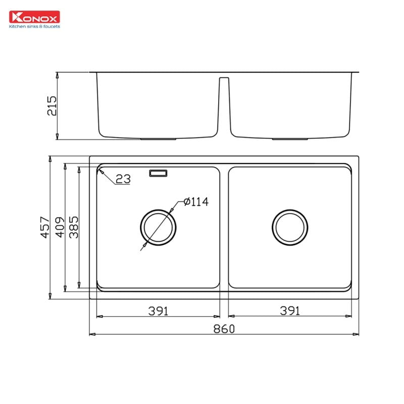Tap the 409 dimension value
[x=59, y=227]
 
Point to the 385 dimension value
[x=73, y=227]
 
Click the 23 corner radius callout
[x=123, y=179]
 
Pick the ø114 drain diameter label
[x=196, y=202]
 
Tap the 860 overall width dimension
[x=224, y=329]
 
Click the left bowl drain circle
[x=158, y=227]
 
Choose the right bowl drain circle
[x=290, y=227]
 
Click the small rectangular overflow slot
[x=158, y=174]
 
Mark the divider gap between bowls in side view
[x=224, y=101]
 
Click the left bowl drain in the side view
[x=158, y=138]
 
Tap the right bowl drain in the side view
[x=290, y=138]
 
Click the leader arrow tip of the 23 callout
[x=100, y=171]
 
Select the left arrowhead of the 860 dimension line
[x=91, y=334]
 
